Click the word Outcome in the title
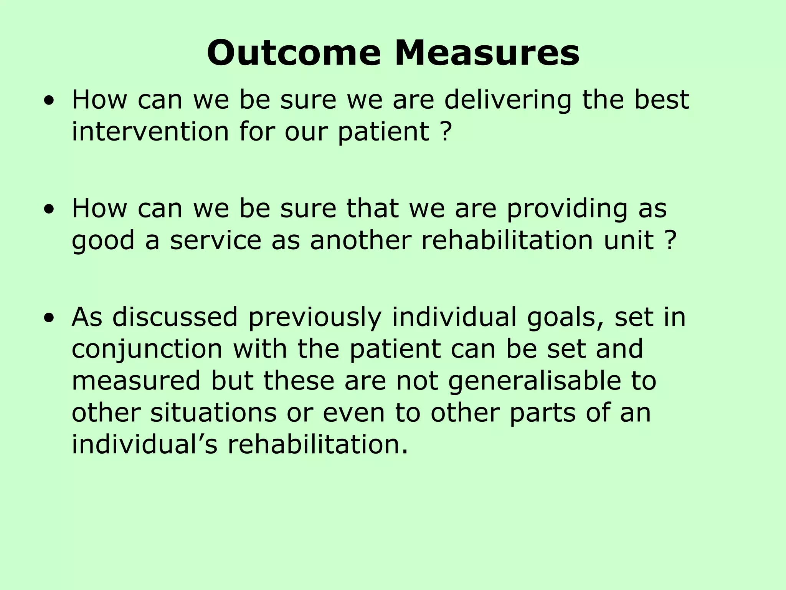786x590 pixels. (x=294, y=53)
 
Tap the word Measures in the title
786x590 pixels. (x=487, y=53)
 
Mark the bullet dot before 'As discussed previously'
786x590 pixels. (x=49, y=318)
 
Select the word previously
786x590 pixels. (x=315, y=318)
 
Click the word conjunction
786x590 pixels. (x=147, y=349)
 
